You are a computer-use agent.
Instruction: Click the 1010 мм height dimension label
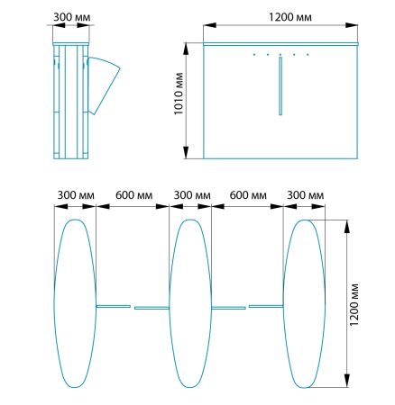coord(179,94)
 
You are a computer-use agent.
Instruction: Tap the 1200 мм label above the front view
coord(290,17)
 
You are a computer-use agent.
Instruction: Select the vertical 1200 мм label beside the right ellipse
coord(354,304)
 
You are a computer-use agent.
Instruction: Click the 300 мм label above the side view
coord(72,17)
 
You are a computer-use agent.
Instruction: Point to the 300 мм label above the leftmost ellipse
coord(76,195)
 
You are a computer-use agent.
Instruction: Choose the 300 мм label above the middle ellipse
coord(192,195)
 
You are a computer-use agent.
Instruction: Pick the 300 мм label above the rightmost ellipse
coord(306,195)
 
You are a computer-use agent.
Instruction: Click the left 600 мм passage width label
coord(133,195)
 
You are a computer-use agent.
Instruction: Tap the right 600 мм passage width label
coord(248,195)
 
